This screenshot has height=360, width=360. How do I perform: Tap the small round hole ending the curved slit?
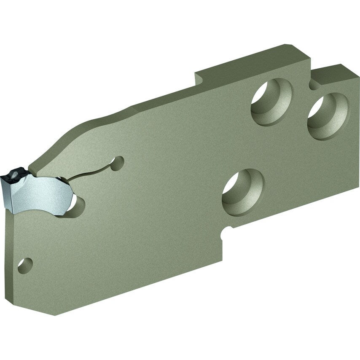pyautogui.click(x=119, y=162)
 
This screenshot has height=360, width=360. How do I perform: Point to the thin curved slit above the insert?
pyautogui.click(x=95, y=170)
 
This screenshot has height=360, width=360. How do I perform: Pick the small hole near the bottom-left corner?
pyautogui.click(x=25, y=265)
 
